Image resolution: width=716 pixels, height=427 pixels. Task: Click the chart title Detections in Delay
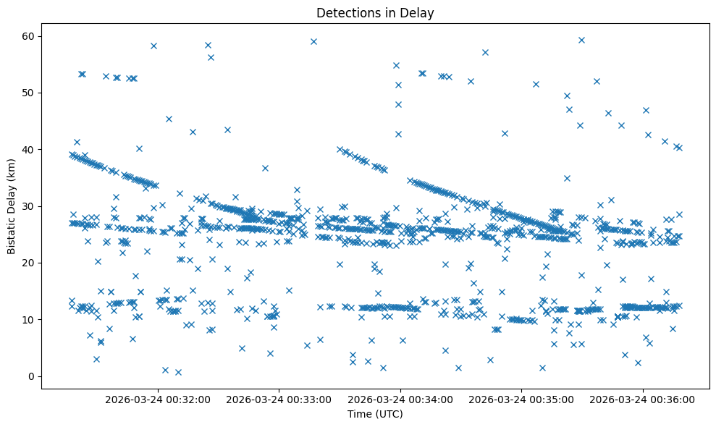pos(375,12)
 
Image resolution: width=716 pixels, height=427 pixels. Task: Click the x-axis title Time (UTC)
pos(375,415)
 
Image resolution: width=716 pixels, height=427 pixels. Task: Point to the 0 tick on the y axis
pos(30,376)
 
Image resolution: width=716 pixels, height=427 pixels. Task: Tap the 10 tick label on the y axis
pos(28,319)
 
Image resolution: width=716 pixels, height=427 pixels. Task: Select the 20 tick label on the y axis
pos(28,263)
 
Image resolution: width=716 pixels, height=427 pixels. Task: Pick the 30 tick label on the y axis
pos(28,206)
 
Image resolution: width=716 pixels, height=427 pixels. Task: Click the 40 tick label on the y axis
pos(28,150)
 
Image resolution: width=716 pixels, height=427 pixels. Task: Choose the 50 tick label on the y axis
pos(28,93)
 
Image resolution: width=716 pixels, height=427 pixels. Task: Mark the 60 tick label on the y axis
pos(28,37)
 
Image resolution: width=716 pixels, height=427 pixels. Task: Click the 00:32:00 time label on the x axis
pos(158,399)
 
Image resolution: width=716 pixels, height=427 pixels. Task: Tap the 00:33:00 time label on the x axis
pos(279,399)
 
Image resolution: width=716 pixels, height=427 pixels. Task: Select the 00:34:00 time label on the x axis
pos(400,399)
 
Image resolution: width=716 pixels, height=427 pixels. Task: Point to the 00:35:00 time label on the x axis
pos(521,399)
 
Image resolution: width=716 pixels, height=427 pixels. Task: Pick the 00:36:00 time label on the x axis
pos(643,399)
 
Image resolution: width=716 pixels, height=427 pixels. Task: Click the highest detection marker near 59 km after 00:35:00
pos(581,40)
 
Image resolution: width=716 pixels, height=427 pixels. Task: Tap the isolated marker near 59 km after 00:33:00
pos(313,41)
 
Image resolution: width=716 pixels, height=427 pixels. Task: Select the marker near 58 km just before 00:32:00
pos(153,46)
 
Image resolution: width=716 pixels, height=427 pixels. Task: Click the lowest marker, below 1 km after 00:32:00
pos(178,372)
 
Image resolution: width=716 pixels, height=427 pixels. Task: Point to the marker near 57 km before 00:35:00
pos(485,52)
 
